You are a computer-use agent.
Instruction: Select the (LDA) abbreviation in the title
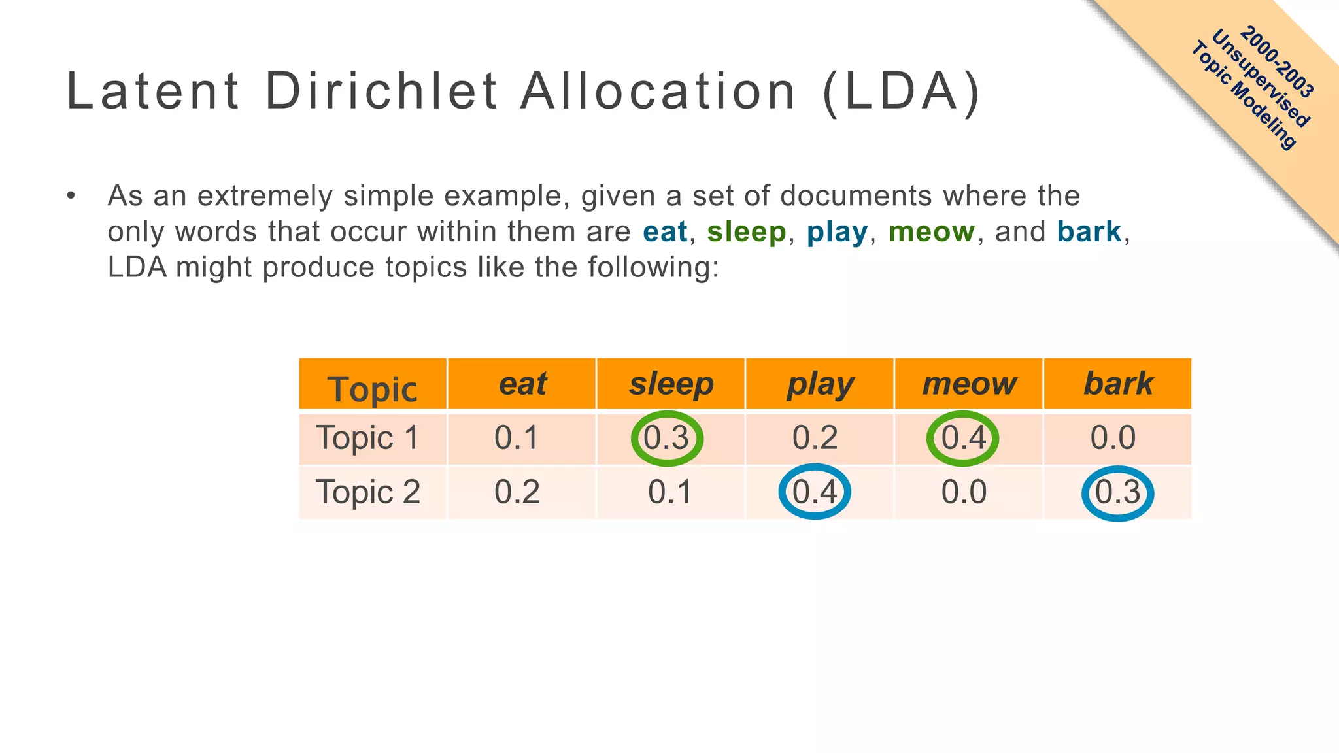902,92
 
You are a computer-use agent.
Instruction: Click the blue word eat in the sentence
665,231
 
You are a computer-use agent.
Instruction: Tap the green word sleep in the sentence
746,232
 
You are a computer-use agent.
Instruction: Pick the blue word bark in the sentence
1089,231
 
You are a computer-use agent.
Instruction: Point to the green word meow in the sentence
931,231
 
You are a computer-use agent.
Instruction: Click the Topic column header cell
372,388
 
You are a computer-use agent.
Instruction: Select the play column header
820,384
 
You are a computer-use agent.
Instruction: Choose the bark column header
1118,384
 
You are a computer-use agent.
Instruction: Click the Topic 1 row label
367,437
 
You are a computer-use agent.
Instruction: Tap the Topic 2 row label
368,492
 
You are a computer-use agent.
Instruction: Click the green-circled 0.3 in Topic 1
666,438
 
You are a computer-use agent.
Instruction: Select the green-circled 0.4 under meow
963,438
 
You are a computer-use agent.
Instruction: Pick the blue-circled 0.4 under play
815,492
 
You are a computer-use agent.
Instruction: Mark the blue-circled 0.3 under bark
1117,493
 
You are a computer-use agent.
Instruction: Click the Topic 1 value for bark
1113,437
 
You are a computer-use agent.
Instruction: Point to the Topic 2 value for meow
964,492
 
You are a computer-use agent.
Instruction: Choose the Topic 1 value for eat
517,437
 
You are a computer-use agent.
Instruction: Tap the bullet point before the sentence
71,195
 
